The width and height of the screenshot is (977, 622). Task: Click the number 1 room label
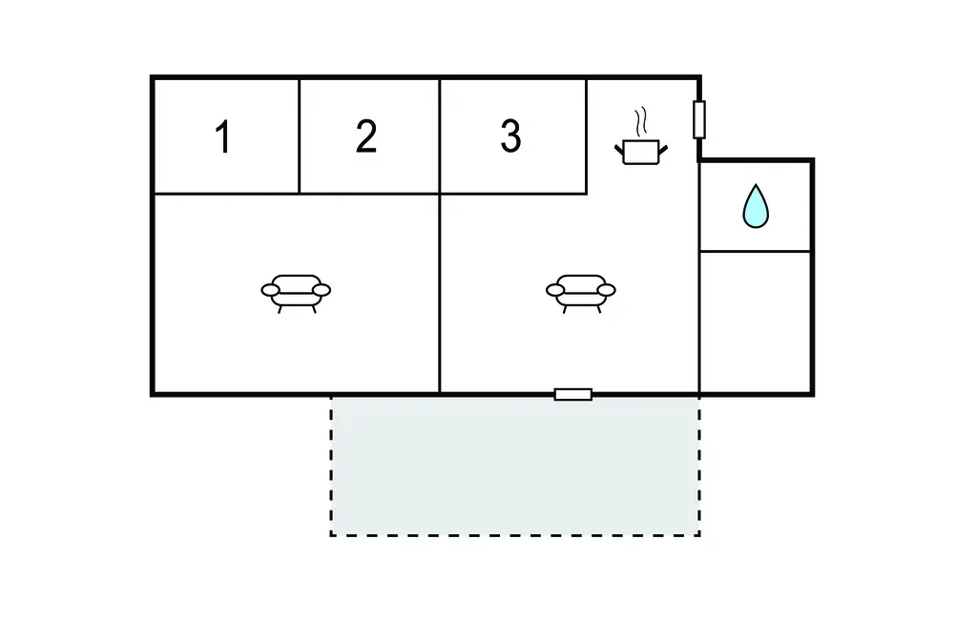[x=223, y=137]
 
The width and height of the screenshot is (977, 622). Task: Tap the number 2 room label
[x=366, y=137]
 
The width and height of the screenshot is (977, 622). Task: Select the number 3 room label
[x=511, y=137]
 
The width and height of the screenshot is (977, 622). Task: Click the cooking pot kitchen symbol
[x=639, y=151]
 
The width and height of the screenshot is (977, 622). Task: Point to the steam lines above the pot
[x=642, y=121]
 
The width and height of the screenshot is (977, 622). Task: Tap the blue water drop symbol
[x=756, y=206]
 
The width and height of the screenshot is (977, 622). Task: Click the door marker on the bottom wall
[x=573, y=394]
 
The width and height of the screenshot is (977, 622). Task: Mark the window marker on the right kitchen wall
[x=699, y=119]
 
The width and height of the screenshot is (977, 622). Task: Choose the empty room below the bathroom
[x=756, y=321]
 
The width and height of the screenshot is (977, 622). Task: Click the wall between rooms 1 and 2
[x=300, y=136]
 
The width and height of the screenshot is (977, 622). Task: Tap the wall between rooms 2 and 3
[x=440, y=136]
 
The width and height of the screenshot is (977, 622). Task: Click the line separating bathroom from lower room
[x=756, y=252]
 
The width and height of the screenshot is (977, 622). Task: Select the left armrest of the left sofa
[x=270, y=290]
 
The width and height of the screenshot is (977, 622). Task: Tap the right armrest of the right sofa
[x=606, y=290]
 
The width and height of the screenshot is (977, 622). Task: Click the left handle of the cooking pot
[x=619, y=146]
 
